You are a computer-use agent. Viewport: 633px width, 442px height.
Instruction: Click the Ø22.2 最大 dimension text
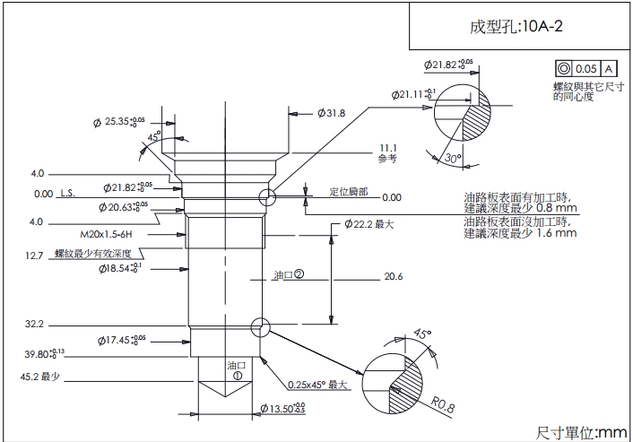pos(369,223)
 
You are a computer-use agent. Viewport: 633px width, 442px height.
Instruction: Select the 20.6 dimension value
pos(393,276)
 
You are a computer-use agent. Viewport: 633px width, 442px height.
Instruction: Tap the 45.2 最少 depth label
pos(39,377)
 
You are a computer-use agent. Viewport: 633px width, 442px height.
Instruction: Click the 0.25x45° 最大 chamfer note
pos(316,385)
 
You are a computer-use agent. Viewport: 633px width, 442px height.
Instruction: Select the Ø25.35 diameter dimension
pos(120,121)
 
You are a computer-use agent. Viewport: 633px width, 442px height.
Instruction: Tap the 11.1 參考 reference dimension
pos(387,152)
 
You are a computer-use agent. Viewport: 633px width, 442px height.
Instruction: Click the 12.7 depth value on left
pos(34,256)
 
